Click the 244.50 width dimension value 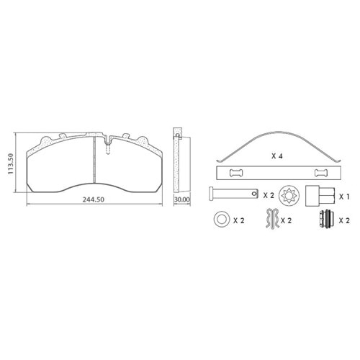94,199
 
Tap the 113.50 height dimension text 11,163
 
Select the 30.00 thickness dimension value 182,199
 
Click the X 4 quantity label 277,156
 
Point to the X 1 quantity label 344,197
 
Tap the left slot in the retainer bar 236,173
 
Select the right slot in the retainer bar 320,173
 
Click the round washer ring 221,219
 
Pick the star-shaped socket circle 290,196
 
